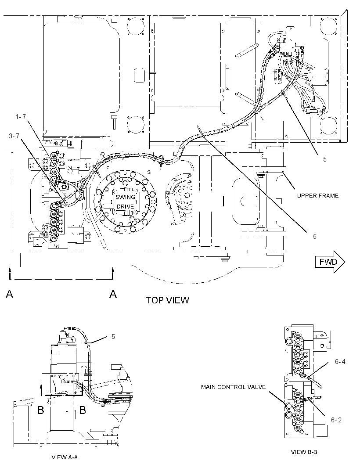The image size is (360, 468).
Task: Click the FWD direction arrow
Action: [x=330, y=262]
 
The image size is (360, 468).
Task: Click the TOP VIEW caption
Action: [x=167, y=300]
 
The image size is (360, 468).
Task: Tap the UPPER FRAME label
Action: [x=317, y=195]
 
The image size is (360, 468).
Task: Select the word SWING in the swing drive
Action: [x=126, y=197]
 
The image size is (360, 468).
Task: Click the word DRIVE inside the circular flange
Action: [x=125, y=206]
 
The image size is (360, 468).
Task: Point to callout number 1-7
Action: [x=21, y=117]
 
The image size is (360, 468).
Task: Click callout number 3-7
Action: [x=14, y=136]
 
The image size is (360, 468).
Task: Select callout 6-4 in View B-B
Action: [x=340, y=362]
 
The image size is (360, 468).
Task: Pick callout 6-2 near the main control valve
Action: [x=336, y=420]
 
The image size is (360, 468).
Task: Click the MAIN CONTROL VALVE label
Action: [x=233, y=387]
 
